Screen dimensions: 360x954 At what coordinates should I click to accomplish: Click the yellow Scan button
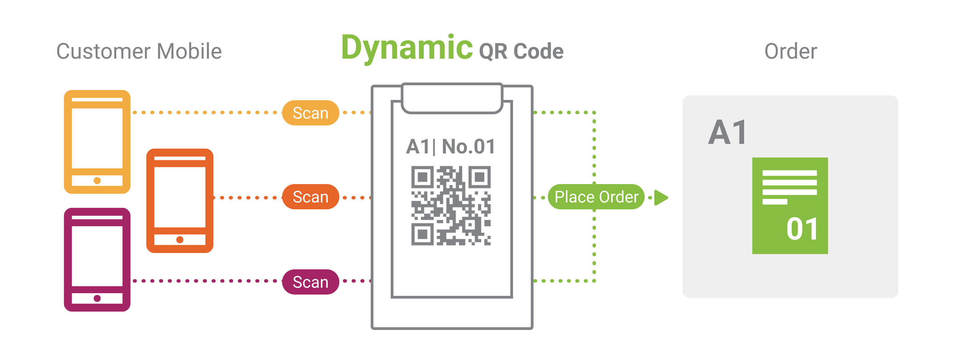click(310, 113)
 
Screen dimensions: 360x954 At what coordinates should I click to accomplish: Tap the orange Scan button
click(310, 197)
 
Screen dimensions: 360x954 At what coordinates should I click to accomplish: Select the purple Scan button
click(310, 282)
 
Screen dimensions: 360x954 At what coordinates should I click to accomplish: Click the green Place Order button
click(596, 197)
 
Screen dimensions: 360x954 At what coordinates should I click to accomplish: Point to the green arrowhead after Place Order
click(661, 197)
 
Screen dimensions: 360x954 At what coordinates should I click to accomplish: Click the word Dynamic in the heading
click(406, 48)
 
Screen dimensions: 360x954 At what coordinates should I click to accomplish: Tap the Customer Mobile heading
click(139, 51)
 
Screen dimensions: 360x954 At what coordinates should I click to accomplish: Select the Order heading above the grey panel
click(790, 51)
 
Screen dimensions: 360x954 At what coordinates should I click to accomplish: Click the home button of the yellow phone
click(97, 180)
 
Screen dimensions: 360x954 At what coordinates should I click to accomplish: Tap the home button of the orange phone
click(180, 240)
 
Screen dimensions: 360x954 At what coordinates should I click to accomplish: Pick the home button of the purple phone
click(97, 298)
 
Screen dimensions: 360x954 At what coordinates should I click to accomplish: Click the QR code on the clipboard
click(451, 206)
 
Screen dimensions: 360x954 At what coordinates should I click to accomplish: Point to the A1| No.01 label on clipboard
click(450, 147)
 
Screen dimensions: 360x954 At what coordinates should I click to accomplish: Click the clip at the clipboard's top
click(452, 98)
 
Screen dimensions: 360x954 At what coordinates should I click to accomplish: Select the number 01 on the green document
click(802, 229)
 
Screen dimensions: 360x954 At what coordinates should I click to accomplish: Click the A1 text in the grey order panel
click(727, 132)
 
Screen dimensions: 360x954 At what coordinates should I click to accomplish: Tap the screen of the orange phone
click(180, 197)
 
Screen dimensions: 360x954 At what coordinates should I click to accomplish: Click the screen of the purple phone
click(97, 256)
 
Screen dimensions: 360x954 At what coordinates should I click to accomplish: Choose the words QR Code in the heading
click(521, 51)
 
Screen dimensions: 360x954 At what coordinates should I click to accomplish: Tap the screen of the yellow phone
click(97, 138)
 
